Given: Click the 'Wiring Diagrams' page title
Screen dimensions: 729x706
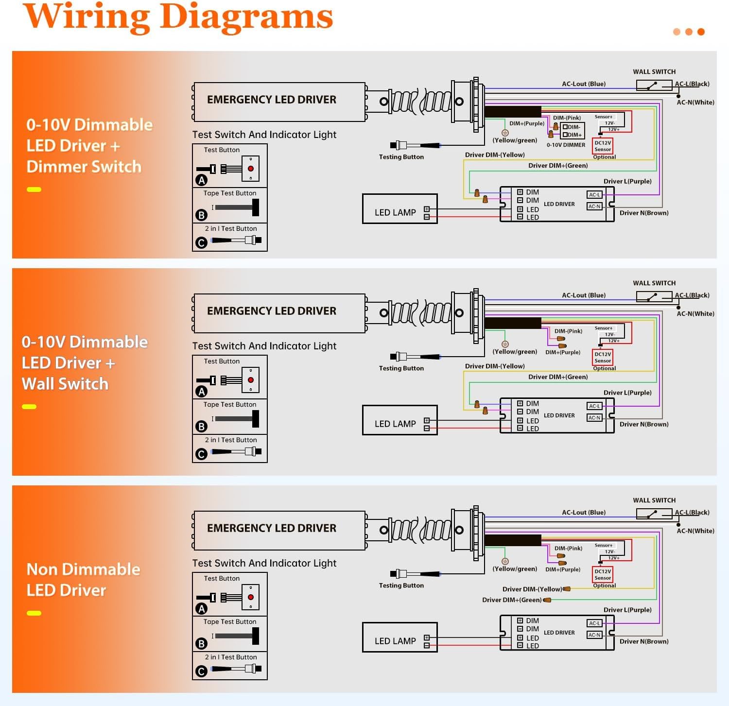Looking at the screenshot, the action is point(178,17).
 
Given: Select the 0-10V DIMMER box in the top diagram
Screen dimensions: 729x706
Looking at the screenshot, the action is point(573,131).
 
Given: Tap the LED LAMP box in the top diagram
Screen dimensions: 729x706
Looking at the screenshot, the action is point(400,209).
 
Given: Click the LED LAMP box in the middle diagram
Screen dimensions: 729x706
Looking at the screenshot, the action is point(400,420).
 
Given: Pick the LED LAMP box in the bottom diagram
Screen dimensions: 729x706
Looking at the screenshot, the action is point(400,637).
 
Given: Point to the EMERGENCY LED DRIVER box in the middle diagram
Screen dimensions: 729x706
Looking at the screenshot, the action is point(279,313).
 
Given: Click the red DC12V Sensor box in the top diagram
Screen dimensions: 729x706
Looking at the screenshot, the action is point(603,146).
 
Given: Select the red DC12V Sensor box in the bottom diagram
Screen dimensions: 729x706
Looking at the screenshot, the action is point(603,574).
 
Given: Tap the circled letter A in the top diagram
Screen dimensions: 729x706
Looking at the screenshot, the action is point(201,180).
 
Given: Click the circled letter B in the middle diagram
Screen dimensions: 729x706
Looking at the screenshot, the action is point(201,427).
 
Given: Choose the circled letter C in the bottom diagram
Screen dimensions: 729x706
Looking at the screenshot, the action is point(201,672).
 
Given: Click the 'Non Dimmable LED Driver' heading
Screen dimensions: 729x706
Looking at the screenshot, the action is point(83,580).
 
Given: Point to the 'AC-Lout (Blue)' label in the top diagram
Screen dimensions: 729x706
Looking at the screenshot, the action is point(584,84).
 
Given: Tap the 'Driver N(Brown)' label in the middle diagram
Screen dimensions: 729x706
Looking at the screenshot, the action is point(644,424).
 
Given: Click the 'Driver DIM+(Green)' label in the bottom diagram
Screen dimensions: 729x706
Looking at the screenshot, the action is point(512,600).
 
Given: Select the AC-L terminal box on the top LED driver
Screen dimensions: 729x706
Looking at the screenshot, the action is point(594,195).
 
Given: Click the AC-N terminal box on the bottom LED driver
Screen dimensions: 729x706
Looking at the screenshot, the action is point(594,635).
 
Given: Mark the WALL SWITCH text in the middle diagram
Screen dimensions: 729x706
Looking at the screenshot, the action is point(654,283).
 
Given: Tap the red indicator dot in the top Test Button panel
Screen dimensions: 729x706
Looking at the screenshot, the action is point(251,169).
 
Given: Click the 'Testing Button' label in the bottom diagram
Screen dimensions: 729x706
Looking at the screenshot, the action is point(401,585).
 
